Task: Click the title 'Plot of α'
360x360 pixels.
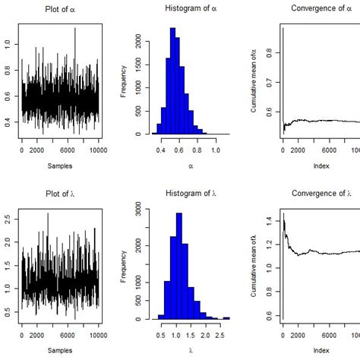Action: click(60, 8)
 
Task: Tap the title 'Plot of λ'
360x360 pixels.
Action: click(60, 193)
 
